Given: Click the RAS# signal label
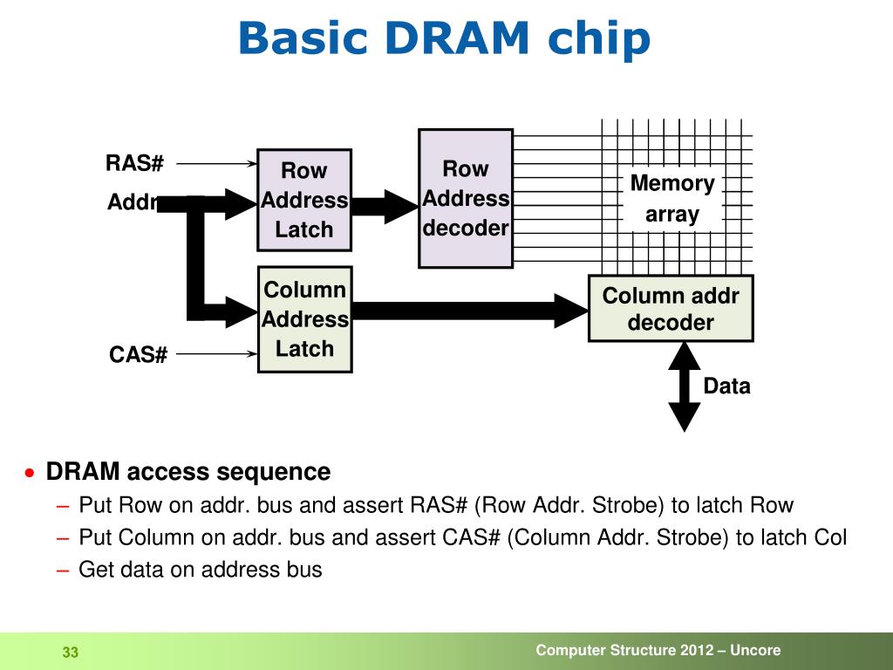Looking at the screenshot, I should pyautogui.click(x=135, y=163).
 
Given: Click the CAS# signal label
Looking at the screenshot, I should pyautogui.click(x=138, y=355).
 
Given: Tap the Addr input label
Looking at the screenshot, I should pyautogui.click(x=131, y=202).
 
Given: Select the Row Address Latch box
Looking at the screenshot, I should pyautogui.click(x=304, y=200).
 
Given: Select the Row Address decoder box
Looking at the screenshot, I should pyautogui.click(x=466, y=198).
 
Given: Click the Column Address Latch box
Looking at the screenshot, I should pyautogui.click(x=304, y=319).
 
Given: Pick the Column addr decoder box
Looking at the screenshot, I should pyautogui.click(x=671, y=309).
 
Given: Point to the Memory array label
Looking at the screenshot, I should pyautogui.click(x=672, y=199).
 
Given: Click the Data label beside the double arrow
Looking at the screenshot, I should pyautogui.click(x=726, y=386).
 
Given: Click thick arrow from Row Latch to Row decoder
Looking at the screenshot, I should pyautogui.click(x=384, y=206).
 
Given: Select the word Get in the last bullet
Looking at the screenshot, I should pyautogui.click(x=94, y=571).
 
